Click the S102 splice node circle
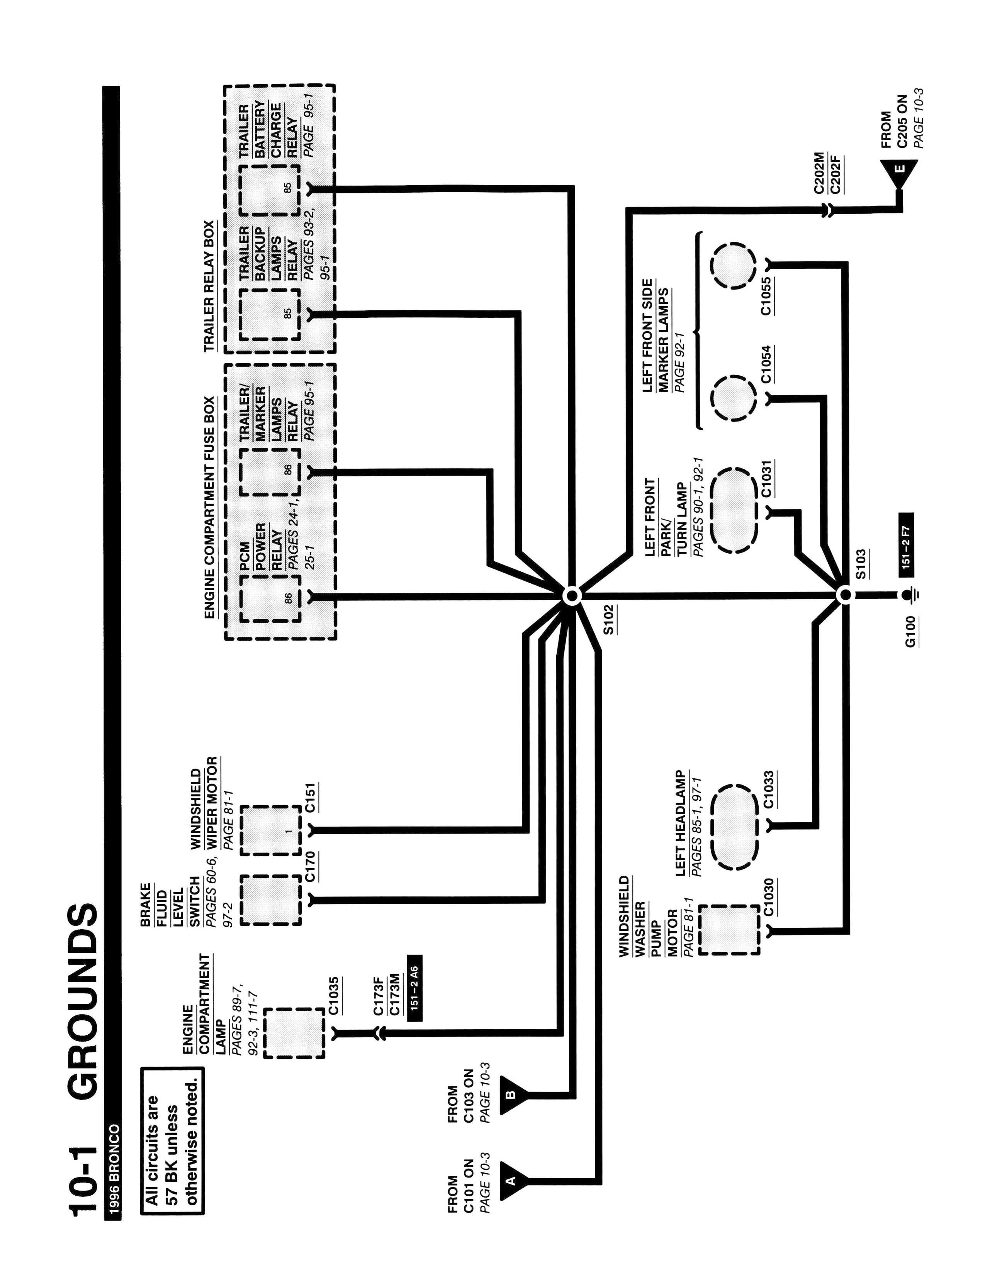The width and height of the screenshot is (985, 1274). (572, 596)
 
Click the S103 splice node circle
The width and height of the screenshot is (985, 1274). (845, 596)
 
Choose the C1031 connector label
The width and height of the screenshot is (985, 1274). (767, 478)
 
